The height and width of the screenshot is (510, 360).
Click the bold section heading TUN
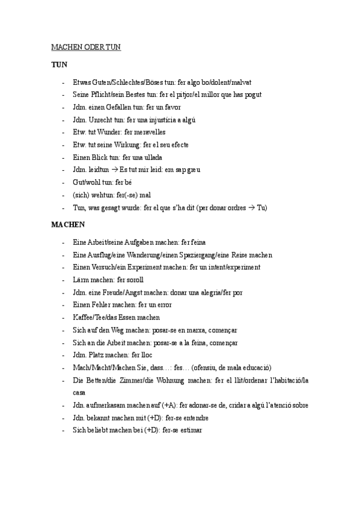59,64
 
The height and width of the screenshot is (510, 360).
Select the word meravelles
145,132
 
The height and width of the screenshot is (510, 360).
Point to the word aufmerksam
105,405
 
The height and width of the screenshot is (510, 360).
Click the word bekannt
98,418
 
